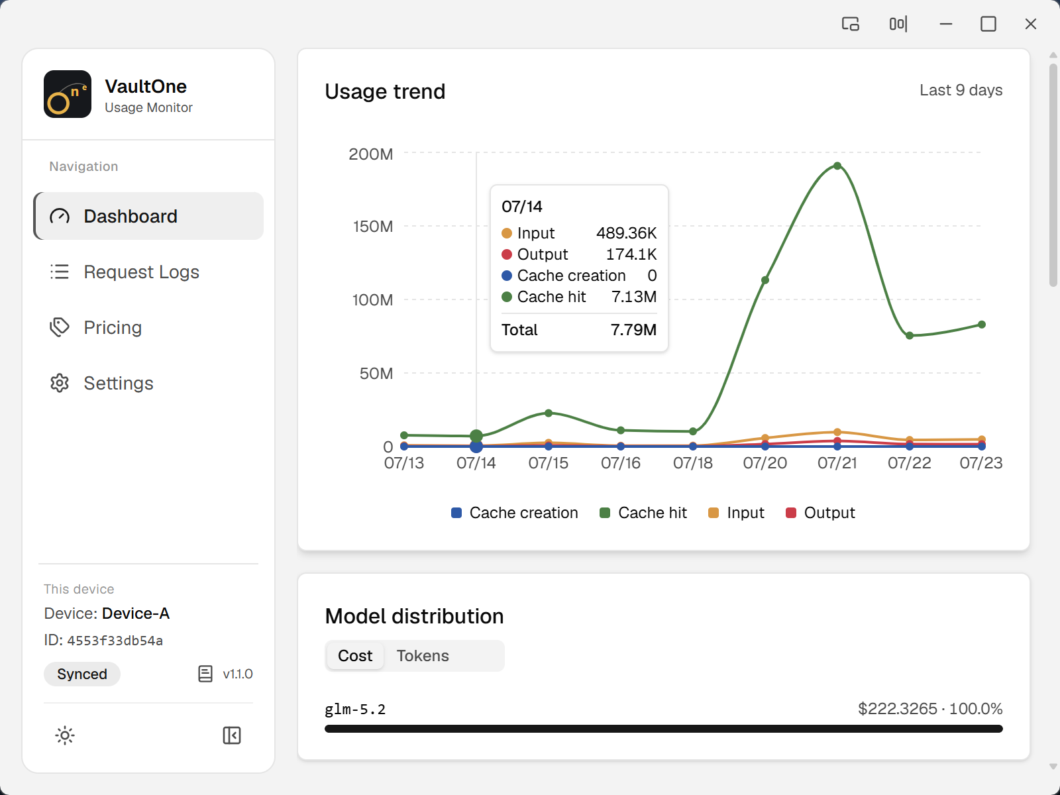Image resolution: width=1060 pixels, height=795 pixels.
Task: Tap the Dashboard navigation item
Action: click(x=148, y=216)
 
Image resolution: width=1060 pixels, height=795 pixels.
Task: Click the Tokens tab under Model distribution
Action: click(x=423, y=655)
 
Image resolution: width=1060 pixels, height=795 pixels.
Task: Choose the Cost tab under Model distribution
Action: click(x=355, y=655)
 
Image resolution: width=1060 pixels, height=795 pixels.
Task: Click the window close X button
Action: click(x=1031, y=24)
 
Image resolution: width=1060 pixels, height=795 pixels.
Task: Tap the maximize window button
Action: click(x=988, y=24)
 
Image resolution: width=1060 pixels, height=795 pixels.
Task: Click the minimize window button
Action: click(x=945, y=24)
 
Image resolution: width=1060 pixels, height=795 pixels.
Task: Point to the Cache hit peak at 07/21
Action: click(x=837, y=166)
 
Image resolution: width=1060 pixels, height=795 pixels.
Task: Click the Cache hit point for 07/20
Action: click(x=765, y=280)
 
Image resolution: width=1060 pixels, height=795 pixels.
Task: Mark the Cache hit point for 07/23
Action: click(x=982, y=325)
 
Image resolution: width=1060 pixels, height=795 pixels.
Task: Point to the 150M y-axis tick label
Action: click(x=373, y=227)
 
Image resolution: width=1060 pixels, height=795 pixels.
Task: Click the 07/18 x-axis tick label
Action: click(x=692, y=463)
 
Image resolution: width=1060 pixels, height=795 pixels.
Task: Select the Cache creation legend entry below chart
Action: click(x=514, y=513)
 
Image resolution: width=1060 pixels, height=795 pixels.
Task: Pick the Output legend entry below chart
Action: click(x=820, y=513)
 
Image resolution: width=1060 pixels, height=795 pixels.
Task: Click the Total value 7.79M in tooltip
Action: click(x=633, y=330)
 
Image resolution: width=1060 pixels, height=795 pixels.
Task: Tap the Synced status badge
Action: click(x=82, y=674)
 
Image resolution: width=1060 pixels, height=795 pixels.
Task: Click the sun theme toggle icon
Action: click(x=65, y=735)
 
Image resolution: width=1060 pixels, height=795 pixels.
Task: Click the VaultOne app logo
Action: click(x=68, y=94)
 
